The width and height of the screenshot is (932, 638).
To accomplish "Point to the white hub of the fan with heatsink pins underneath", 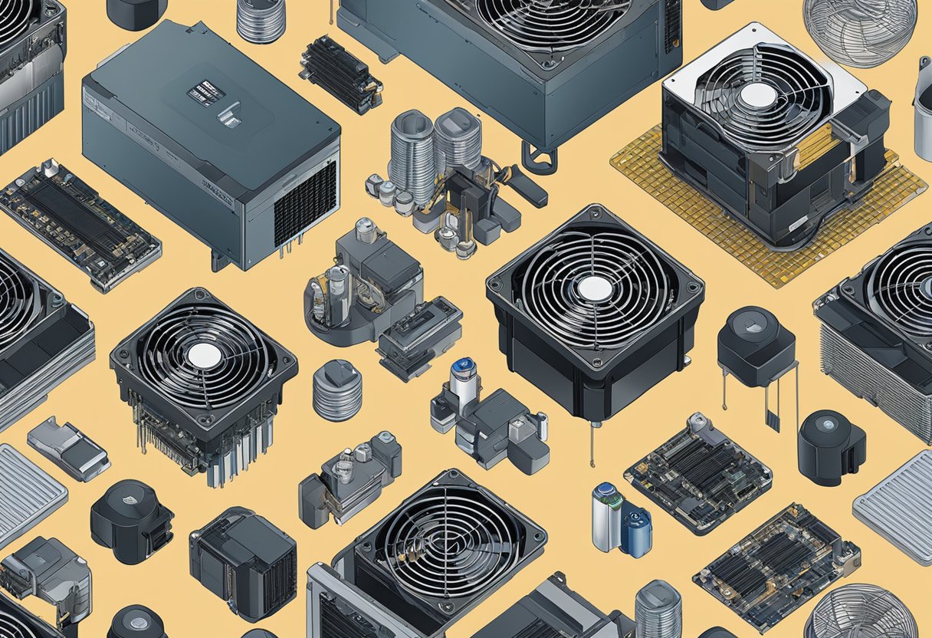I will pos(204,355).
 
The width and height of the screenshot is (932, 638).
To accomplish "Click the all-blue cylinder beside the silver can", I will pos(636,531).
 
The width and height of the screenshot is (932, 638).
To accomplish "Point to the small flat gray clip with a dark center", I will pos(67,448).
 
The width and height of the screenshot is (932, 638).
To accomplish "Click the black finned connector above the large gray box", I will pos(340,74).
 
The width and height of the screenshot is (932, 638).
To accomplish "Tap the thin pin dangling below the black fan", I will pos(591,445).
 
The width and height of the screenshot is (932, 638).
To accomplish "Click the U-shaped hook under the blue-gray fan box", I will pos(540,159).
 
